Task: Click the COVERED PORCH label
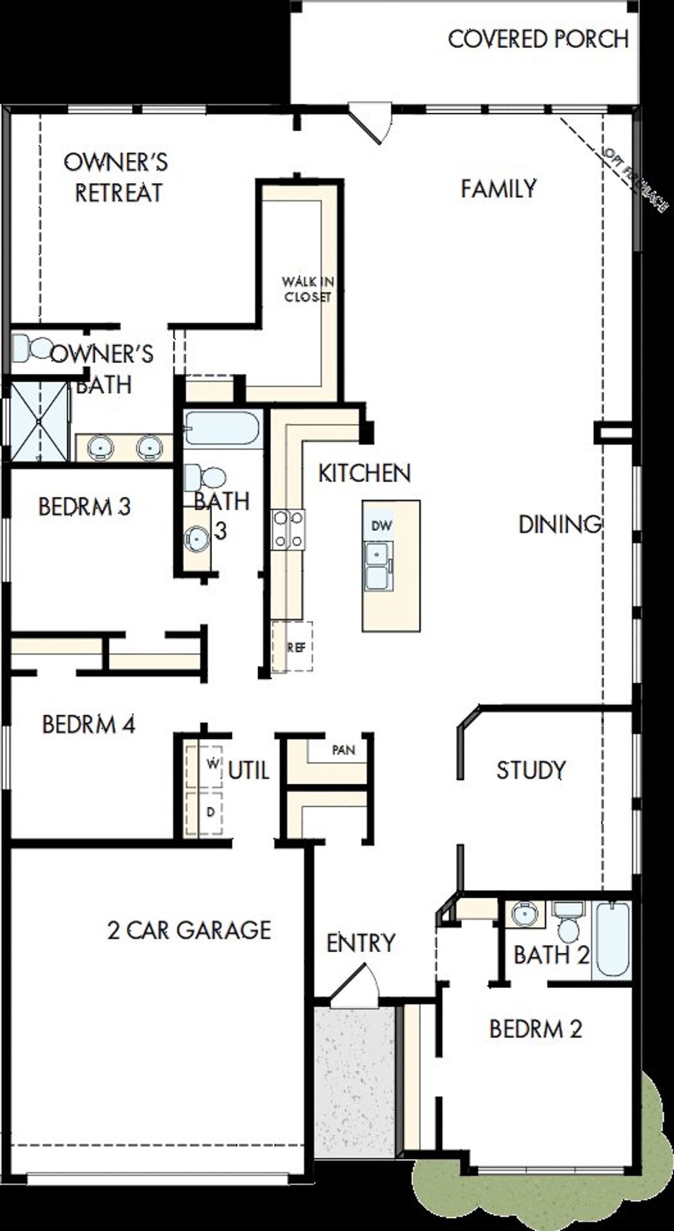538,39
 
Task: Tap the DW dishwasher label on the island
382,525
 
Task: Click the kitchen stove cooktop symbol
288,529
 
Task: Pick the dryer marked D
204,813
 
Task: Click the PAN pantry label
343,750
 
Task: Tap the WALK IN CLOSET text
308,289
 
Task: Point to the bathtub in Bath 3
222,429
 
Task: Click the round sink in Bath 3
196,538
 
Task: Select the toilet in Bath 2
568,924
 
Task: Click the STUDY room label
531,770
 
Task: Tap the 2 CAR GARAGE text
189,930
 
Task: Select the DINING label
560,524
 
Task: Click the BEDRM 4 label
88,725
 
